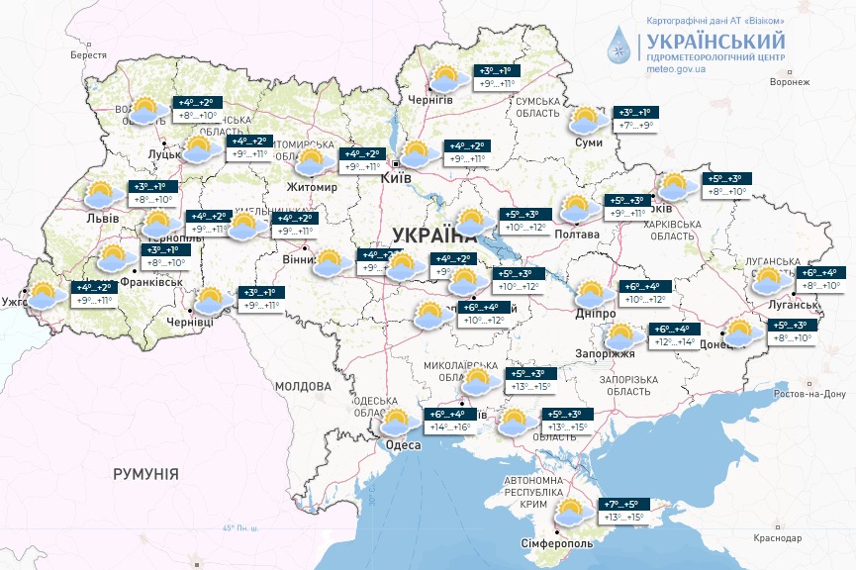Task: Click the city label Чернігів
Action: pyautogui.click(x=431, y=100)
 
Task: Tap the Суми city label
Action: pyautogui.click(x=588, y=143)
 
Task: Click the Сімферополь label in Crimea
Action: pyautogui.click(x=556, y=543)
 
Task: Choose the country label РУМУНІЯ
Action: pyautogui.click(x=145, y=474)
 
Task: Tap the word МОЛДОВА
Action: pyautogui.click(x=302, y=385)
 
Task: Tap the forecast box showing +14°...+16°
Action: pyautogui.click(x=450, y=421)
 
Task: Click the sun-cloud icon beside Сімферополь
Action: pyautogui.click(x=570, y=513)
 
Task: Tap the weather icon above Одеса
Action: pyautogui.click(x=398, y=422)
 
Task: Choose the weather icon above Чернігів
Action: pyautogui.click(x=446, y=78)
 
